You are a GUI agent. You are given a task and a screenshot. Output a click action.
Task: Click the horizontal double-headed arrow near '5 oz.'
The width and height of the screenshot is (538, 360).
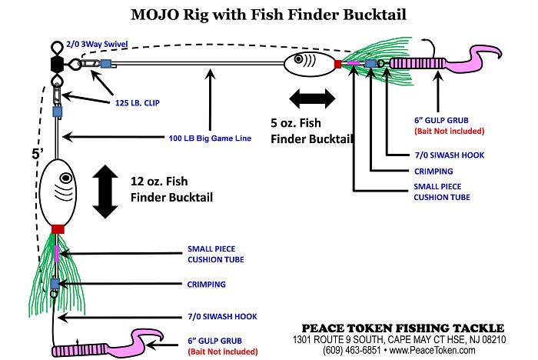(312, 98)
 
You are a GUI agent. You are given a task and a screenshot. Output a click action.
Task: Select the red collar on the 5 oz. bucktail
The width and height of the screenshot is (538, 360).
(337, 64)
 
